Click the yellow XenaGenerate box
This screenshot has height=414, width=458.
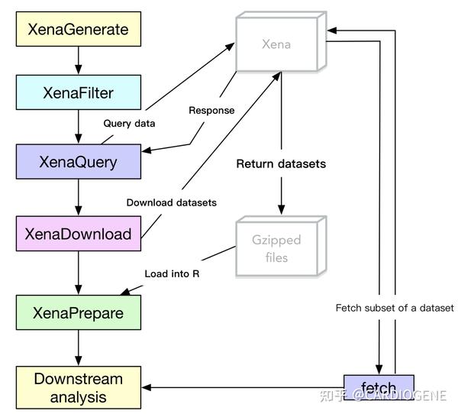tap(77, 30)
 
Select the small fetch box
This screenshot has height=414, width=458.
tap(379, 387)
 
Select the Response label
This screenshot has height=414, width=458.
tap(211, 110)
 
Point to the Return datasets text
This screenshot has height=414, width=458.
tap(280, 163)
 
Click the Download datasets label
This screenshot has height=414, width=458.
tap(171, 202)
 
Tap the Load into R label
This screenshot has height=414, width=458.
tap(173, 273)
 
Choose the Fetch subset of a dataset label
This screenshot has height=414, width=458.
tap(395, 308)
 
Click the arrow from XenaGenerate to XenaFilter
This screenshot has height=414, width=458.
tap(79, 60)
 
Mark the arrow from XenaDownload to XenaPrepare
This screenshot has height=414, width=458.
tap(79, 272)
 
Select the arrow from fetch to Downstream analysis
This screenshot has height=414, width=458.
tap(244, 387)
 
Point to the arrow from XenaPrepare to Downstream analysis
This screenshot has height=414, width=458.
tap(79, 348)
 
